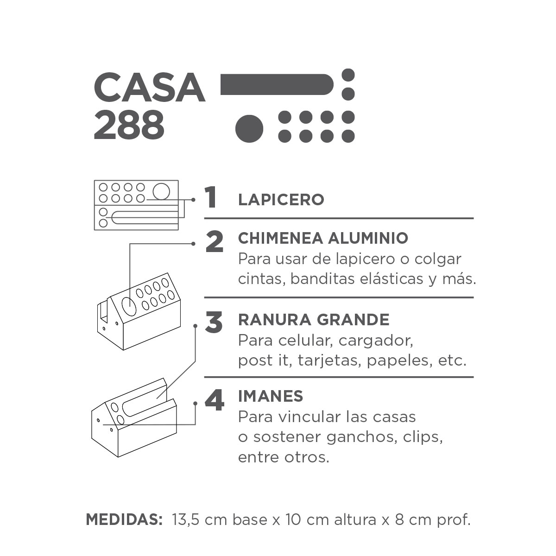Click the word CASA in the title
[149, 88]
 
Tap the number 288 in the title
[129, 126]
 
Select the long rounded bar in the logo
[277, 84]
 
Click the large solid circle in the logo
[249, 129]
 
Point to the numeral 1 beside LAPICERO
[211, 197]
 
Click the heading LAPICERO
[281, 200]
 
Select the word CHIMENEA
[280, 238]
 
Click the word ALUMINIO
[368, 238]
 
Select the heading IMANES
[270, 396]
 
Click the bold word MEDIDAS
[124, 519]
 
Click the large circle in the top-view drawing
[161, 191]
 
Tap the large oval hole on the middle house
[129, 307]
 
